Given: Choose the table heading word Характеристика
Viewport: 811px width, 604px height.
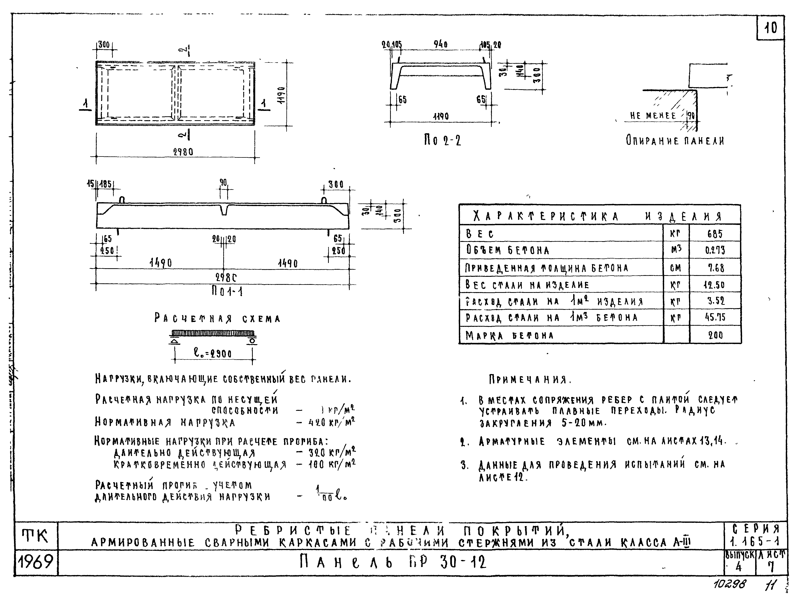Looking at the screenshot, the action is tap(545, 217).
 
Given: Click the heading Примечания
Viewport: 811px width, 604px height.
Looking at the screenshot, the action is tap(530, 379).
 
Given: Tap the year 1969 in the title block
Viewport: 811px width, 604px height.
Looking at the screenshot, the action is tap(35, 562).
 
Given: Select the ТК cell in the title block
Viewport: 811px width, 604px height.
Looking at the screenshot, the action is tap(35, 536).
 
